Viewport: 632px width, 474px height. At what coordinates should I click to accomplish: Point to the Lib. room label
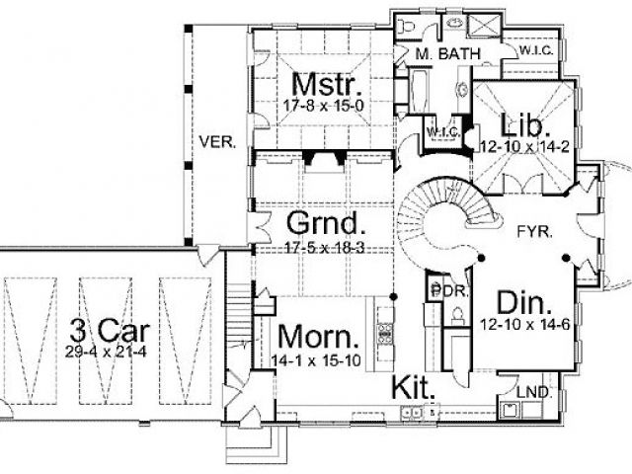pyautogui.click(x=519, y=126)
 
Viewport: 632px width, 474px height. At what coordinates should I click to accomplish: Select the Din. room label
pyautogui.click(x=522, y=300)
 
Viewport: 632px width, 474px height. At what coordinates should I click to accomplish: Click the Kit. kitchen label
pyautogui.click(x=414, y=385)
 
